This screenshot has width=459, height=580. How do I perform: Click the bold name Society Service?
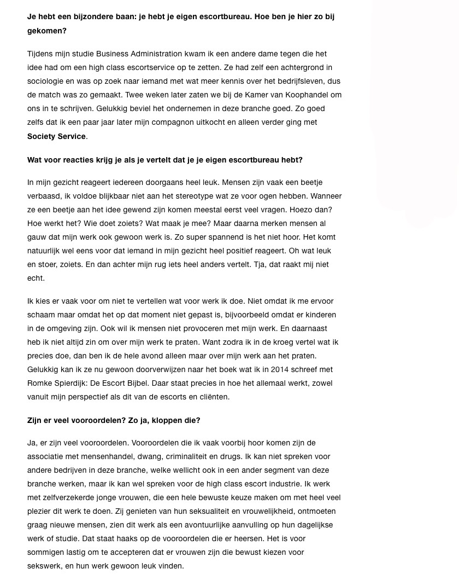pos(56,136)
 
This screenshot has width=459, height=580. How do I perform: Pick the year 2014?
pos(269,369)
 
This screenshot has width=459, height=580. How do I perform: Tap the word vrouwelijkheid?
pos(259,511)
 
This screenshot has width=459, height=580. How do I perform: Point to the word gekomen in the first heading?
pos(47,31)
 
